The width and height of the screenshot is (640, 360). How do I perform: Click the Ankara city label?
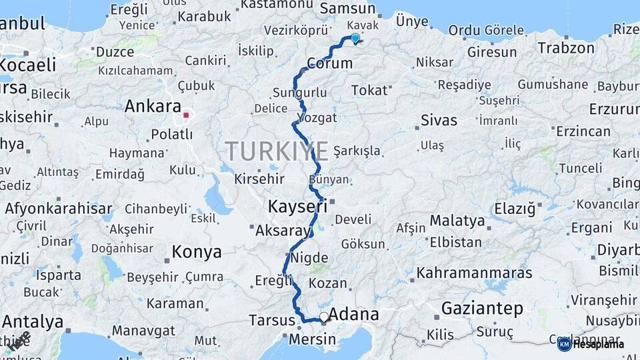[x=153, y=106]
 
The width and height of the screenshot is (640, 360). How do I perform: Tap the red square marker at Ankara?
[x=186, y=114]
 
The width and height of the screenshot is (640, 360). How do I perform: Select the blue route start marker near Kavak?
[x=355, y=39]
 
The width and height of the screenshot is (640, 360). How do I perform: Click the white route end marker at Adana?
[x=324, y=317]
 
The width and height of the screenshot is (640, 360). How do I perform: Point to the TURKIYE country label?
[x=276, y=151]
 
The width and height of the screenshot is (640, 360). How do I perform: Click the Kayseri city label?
[x=297, y=207]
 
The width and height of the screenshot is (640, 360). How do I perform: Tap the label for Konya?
[x=196, y=252]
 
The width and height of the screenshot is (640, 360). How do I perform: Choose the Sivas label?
[x=439, y=121]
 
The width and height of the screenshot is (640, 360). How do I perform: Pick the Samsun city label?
[x=348, y=9]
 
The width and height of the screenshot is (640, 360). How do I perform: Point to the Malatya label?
[x=457, y=221]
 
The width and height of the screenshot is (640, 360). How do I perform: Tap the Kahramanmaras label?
[x=475, y=273]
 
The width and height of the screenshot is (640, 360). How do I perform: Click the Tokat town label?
[x=369, y=90]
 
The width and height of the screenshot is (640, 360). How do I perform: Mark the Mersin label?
[x=313, y=339]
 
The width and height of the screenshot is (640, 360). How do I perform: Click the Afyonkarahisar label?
[x=58, y=209]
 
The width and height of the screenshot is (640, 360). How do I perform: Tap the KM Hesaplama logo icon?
[x=564, y=344]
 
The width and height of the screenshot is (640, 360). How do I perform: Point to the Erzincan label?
[x=583, y=131]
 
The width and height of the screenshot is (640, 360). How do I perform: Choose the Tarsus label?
[x=271, y=320]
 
